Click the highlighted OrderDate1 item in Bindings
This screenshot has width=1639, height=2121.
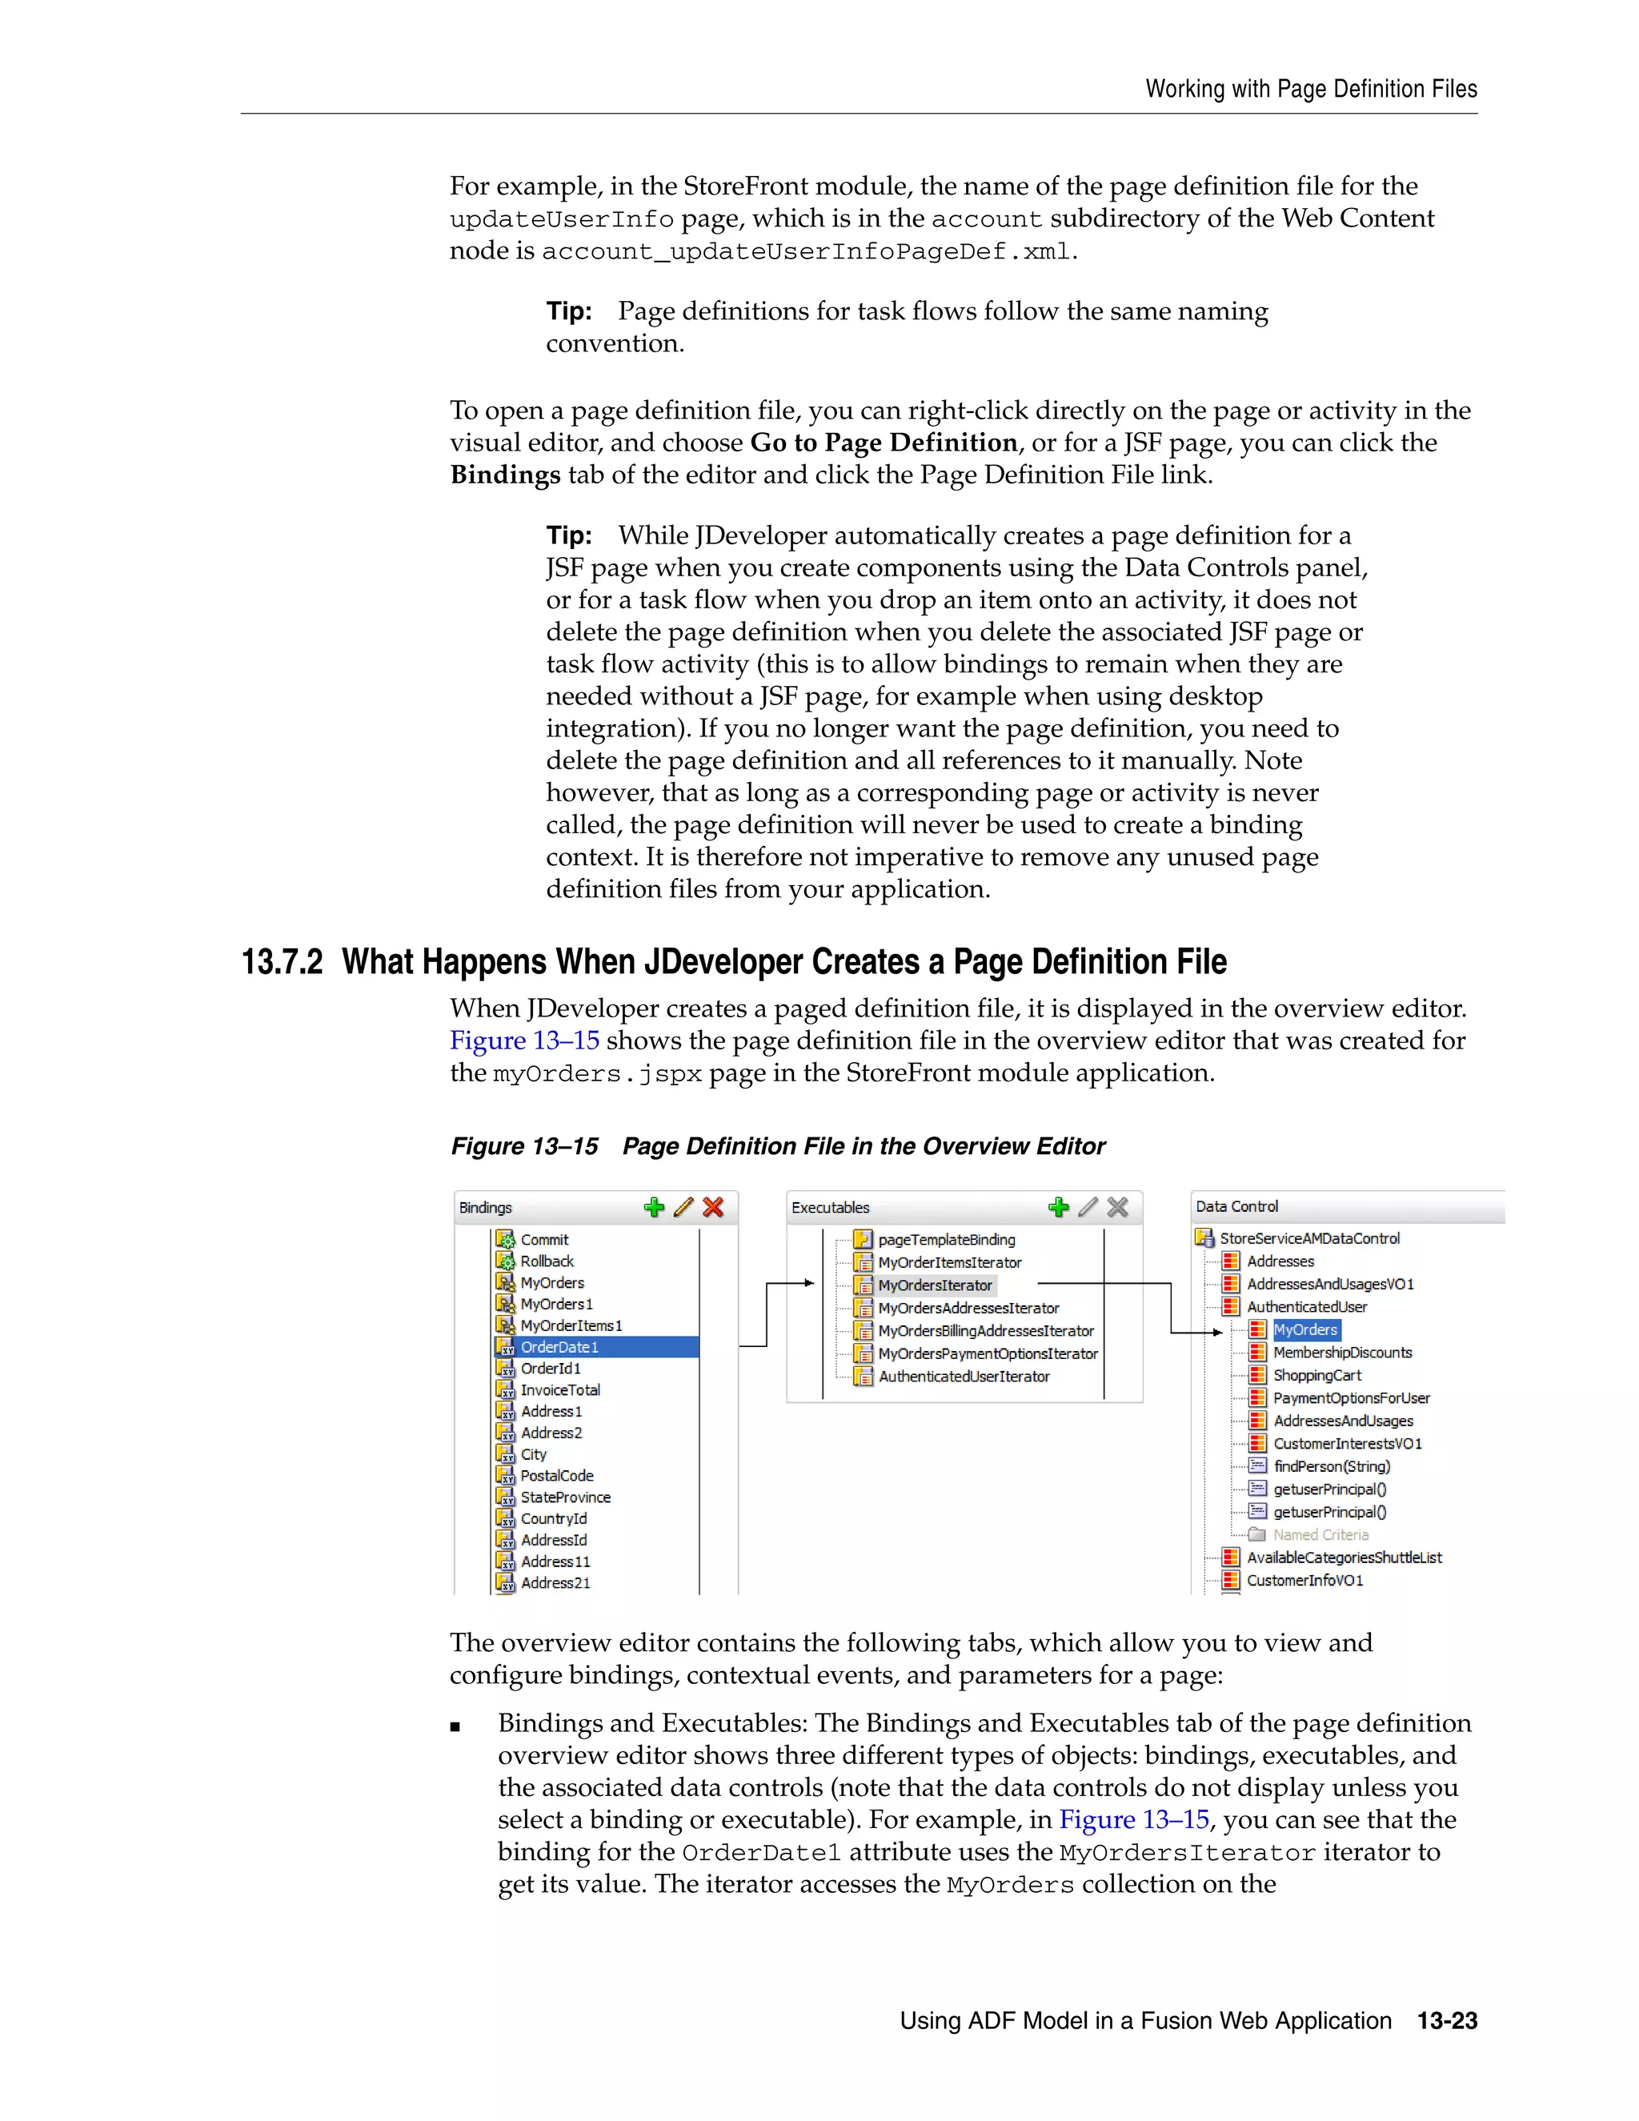[560, 1347]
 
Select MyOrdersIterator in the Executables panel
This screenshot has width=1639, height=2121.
[934, 1285]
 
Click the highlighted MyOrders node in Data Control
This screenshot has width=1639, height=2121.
[1305, 1329]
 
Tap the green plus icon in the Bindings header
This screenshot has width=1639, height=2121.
[655, 1207]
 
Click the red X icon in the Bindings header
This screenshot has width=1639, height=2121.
[714, 1207]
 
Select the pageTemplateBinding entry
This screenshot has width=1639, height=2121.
[946, 1239]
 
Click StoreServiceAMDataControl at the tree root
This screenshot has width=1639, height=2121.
[1308, 1238]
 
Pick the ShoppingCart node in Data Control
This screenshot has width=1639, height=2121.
[1316, 1375]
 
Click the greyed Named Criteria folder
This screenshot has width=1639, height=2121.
[1320, 1534]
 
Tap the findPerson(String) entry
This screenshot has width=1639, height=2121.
[1331, 1466]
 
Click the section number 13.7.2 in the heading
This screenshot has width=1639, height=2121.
[282, 962]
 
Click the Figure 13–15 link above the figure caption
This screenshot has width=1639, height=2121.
[524, 1040]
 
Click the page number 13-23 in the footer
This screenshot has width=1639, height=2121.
[1447, 2021]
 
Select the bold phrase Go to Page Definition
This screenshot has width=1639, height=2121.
[884, 443]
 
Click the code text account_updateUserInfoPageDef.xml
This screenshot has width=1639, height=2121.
[806, 251]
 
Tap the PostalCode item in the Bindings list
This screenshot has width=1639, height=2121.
[556, 1475]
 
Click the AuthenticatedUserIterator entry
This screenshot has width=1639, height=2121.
[964, 1376]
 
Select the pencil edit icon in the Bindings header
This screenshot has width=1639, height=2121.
[683, 1207]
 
